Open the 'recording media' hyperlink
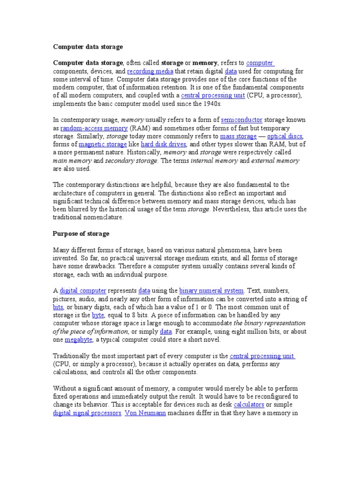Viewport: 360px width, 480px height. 150,71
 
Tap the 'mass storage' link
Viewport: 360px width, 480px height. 238,136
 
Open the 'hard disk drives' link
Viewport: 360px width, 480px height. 164,144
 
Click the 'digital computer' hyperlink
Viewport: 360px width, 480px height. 83,291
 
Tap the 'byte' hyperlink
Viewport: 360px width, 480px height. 97,315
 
